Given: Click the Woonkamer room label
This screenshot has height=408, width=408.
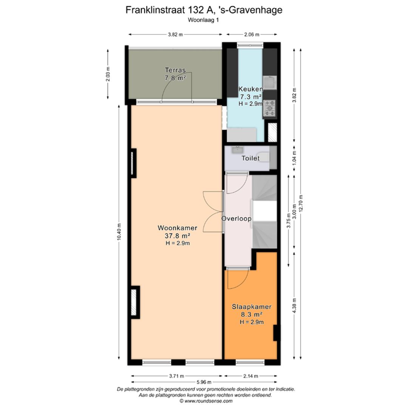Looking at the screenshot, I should coord(177,228).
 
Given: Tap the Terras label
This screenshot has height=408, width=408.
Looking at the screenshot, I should coord(175,70).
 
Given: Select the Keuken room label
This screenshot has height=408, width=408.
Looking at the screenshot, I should coord(250,89).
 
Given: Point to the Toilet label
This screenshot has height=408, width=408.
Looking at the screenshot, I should coord(250,158).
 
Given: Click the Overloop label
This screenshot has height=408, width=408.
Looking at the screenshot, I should coord(236,218).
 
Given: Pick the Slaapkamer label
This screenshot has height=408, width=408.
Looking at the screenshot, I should coord(251,307).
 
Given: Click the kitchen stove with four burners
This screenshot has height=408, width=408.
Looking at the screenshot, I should coord(270,108).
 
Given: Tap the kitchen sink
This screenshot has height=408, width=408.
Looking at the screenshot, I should coord(270,82).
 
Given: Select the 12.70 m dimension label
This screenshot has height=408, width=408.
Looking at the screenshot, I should coord(301,204).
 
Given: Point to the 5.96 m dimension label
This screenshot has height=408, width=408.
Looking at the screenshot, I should coord(204,382).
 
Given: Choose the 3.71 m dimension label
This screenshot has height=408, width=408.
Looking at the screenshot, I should coord(176,376).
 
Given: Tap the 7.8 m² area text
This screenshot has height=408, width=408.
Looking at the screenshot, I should coord(175,78).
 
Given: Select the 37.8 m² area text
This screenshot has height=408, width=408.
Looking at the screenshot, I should coord(177,236).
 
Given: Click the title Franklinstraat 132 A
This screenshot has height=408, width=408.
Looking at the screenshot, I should coord(204,10).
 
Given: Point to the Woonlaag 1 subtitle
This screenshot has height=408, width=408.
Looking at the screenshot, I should coord(204,20).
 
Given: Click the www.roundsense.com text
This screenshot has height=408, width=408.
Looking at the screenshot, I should coord(206,401).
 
